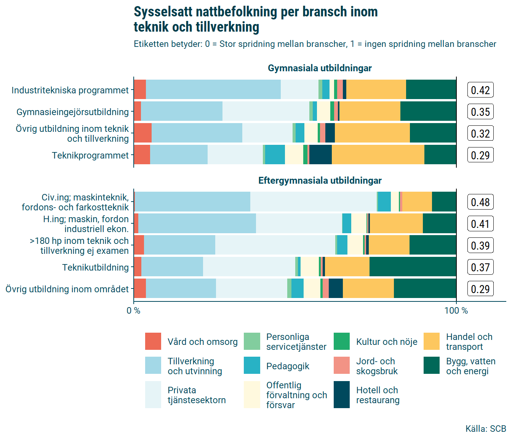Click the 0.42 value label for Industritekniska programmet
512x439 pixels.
click(x=480, y=90)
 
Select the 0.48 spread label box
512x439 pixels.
click(x=480, y=202)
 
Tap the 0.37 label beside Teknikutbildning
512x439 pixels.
click(x=480, y=267)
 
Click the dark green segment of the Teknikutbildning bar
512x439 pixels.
click(x=413, y=267)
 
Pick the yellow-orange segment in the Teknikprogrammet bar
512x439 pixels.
click(x=378, y=155)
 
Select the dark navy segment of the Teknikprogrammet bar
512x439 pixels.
click(x=320, y=155)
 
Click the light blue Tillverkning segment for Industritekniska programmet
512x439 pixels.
click(x=213, y=90)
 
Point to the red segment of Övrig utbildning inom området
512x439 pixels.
click(x=140, y=288)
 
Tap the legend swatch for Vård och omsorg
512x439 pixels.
click(x=153, y=341)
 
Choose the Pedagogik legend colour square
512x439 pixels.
click(x=252, y=365)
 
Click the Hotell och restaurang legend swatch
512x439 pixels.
click(x=342, y=395)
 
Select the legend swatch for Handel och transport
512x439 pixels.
click(x=432, y=341)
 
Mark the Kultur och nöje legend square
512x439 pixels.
click(x=342, y=341)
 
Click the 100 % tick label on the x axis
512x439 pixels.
click(x=456, y=311)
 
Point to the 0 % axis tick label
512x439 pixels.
click(x=133, y=311)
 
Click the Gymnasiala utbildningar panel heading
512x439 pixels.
click(x=320, y=68)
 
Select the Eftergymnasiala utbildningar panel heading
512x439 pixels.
click(x=320, y=180)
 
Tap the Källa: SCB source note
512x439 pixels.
click(x=486, y=429)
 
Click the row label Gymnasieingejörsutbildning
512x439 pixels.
click(x=72, y=112)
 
